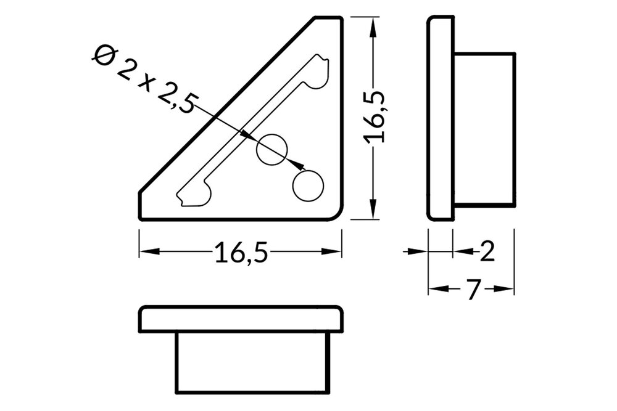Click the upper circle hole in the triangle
tap(272, 149)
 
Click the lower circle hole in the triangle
tap(308, 185)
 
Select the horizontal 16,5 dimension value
tap(241, 253)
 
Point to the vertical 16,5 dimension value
tap(375, 117)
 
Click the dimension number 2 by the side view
tap(487, 251)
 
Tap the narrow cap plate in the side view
tap(441, 117)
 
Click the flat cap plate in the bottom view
tap(241, 319)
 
